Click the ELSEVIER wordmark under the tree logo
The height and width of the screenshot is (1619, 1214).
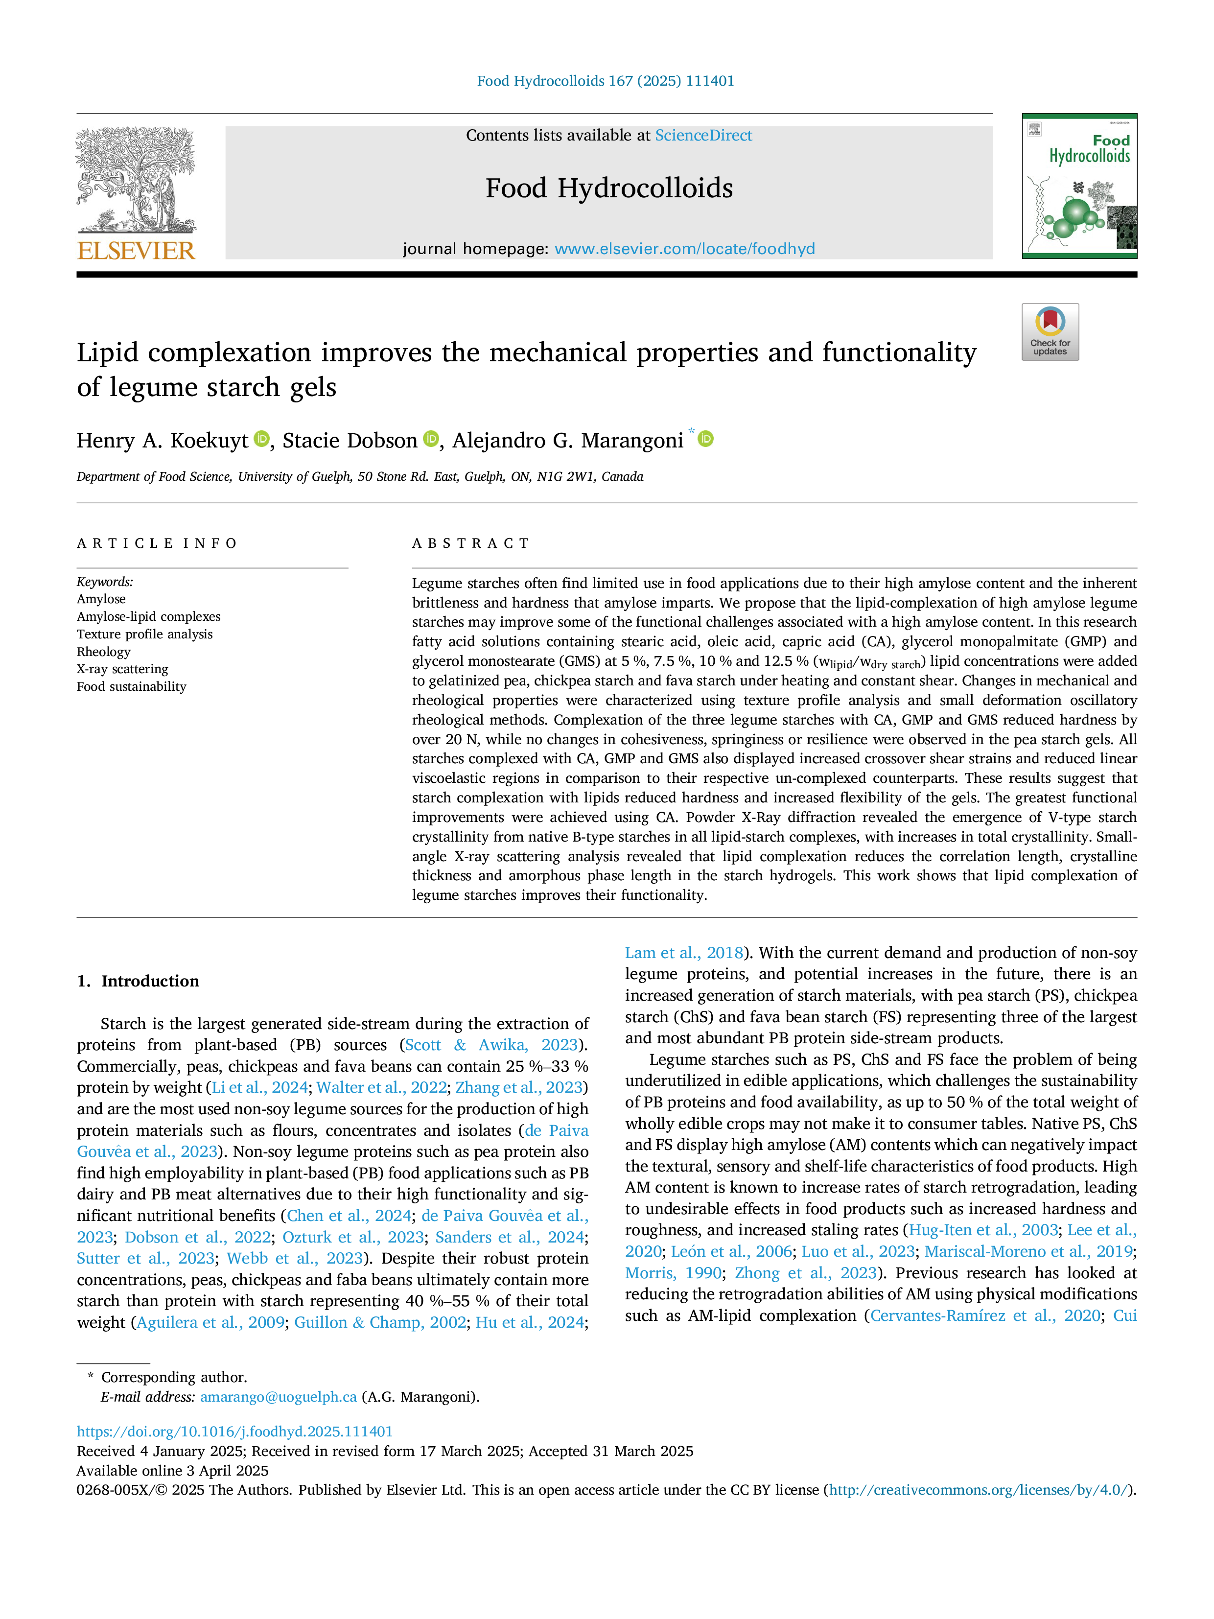(x=136, y=251)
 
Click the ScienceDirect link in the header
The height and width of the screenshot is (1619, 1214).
(x=703, y=136)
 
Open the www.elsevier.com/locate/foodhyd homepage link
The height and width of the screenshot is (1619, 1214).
(x=685, y=249)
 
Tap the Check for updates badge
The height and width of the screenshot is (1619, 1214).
(x=1050, y=331)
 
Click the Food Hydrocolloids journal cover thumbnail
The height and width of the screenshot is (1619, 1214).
(x=1079, y=186)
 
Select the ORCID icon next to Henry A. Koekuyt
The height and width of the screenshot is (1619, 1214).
(x=261, y=439)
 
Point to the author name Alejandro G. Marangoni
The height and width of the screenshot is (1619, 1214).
(x=568, y=441)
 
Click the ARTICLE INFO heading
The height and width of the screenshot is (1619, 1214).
(x=157, y=543)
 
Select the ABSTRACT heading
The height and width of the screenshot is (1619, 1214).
(x=470, y=543)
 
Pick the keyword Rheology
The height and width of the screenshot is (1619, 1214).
(x=104, y=652)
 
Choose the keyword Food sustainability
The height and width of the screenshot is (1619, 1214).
(x=132, y=686)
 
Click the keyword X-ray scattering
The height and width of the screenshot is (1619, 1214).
(x=122, y=669)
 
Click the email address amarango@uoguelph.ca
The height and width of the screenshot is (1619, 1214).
(x=278, y=1397)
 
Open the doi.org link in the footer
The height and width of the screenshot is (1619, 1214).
(x=235, y=1431)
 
